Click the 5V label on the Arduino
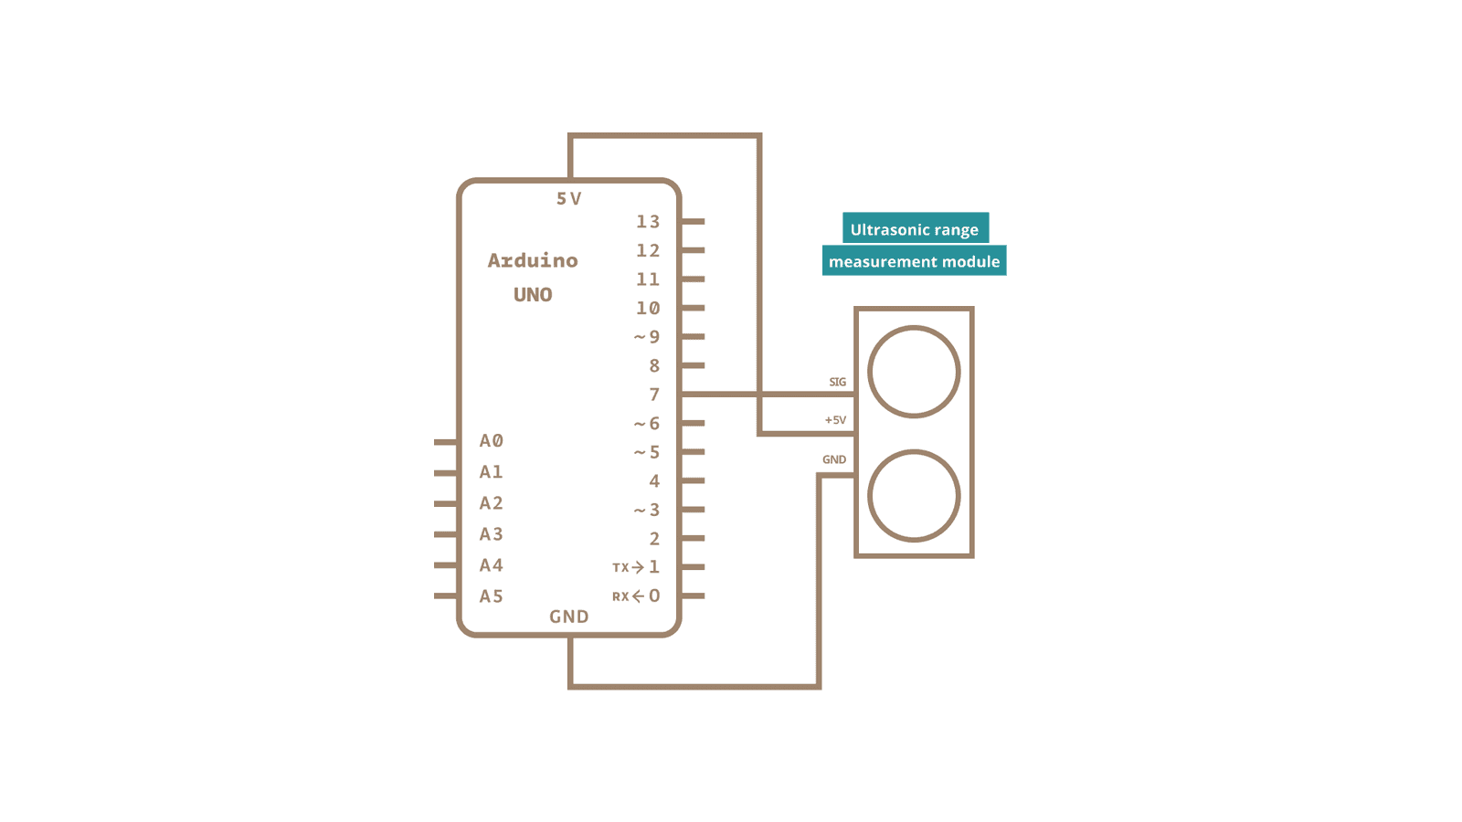click(568, 198)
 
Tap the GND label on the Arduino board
click(568, 616)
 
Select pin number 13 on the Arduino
click(648, 222)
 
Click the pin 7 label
click(654, 395)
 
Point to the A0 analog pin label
click(492, 441)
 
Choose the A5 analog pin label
click(492, 596)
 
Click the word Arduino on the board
click(533, 260)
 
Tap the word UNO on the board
click(533, 295)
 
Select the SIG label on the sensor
click(837, 382)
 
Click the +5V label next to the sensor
click(835, 420)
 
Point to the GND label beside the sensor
click(834, 459)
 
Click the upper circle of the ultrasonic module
click(914, 372)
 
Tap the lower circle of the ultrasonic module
click(914, 496)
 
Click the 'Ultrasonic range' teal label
click(915, 229)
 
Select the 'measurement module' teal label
click(914, 261)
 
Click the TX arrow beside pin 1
click(638, 567)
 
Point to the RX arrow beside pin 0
click(638, 596)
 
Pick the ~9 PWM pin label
click(647, 337)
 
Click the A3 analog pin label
click(492, 534)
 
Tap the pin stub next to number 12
click(693, 250)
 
